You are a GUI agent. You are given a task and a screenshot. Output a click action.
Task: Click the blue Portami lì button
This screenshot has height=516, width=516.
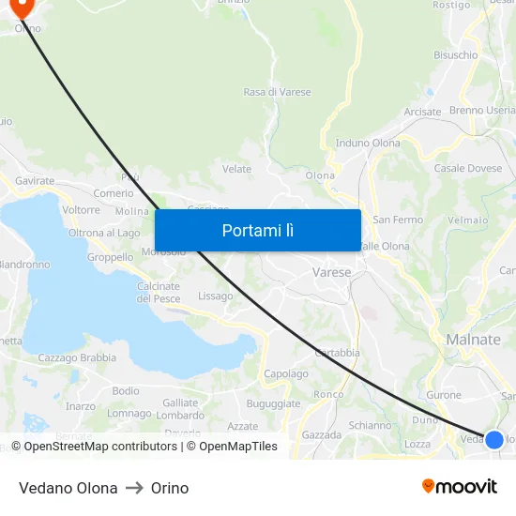tap(257, 230)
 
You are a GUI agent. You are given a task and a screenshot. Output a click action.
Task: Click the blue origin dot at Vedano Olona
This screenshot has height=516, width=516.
tap(493, 438)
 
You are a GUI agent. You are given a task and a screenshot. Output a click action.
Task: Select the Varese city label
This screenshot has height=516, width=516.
tap(331, 272)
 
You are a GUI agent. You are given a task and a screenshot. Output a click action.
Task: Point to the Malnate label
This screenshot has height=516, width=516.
tap(474, 340)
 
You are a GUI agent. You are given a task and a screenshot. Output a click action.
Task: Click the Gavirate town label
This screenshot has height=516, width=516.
tap(35, 180)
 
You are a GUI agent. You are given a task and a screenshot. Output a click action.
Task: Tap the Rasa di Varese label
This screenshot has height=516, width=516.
tap(277, 92)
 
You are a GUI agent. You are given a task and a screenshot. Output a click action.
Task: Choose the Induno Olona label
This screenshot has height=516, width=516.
tap(368, 144)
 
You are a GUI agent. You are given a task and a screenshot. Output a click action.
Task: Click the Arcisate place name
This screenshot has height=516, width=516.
tap(422, 112)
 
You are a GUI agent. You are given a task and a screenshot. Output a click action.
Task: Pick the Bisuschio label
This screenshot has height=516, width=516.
tap(455, 55)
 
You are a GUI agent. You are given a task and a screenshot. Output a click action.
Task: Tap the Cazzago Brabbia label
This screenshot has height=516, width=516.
tap(77, 357)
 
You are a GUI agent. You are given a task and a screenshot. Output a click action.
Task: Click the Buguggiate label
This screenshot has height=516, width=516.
tap(273, 403)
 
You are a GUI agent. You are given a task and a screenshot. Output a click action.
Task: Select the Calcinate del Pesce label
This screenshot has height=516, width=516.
tap(159, 292)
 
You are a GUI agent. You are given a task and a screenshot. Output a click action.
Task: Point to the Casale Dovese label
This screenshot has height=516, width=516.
tap(468, 169)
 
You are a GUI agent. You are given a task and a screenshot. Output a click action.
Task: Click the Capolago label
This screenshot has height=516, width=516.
tap(286, 373)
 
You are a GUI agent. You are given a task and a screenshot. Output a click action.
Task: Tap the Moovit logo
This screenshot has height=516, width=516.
tap(460, 486)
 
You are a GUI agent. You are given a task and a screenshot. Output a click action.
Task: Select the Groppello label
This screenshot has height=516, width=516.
tap(110, 257)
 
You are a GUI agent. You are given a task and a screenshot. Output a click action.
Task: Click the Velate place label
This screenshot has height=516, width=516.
tap(236, 169)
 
